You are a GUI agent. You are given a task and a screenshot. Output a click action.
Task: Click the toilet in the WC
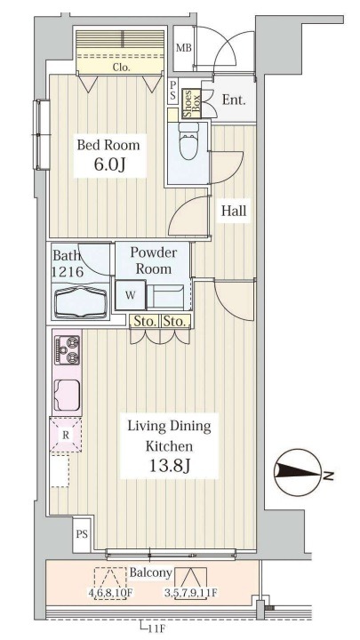[x=188, y=140]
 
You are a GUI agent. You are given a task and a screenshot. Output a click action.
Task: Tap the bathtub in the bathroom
[x=80, y=302]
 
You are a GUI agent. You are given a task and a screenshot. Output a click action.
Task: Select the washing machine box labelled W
[x=130, y=295]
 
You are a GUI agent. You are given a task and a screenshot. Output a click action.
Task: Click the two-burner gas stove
[x=68, y=349]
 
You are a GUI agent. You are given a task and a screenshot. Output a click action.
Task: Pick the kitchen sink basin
[x=67, y=395]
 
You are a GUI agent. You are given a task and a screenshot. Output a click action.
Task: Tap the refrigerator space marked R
[x=65, y=435]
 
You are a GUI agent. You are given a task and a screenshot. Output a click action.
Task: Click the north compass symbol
[x=300, y=473]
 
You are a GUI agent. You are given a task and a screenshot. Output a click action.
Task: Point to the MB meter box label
[x=184, y=48]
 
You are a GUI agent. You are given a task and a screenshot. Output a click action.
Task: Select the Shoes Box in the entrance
[x=191, y=104]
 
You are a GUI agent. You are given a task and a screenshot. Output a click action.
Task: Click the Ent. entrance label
[x=234, y=100]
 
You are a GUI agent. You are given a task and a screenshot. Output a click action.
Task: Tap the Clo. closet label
[x=121, y=68]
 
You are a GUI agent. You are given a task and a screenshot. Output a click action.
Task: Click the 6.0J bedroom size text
[x=109, y=165]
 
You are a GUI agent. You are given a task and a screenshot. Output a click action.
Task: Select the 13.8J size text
[x=170, y=465]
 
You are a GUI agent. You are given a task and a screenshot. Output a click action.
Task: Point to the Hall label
[x=234, y=211]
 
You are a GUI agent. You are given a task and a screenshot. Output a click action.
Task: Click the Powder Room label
[x=154, y=260]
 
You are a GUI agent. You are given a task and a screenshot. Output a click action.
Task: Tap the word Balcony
[x=150, y=572]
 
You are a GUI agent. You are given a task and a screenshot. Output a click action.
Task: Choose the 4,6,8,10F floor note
[x=111, y=593]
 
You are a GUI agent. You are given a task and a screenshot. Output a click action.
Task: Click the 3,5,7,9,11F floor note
[x=191, y=593]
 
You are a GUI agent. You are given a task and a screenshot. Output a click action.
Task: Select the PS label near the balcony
[x=82, y=534]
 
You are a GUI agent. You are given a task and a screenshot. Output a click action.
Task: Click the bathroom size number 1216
[x=68, y=271]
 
